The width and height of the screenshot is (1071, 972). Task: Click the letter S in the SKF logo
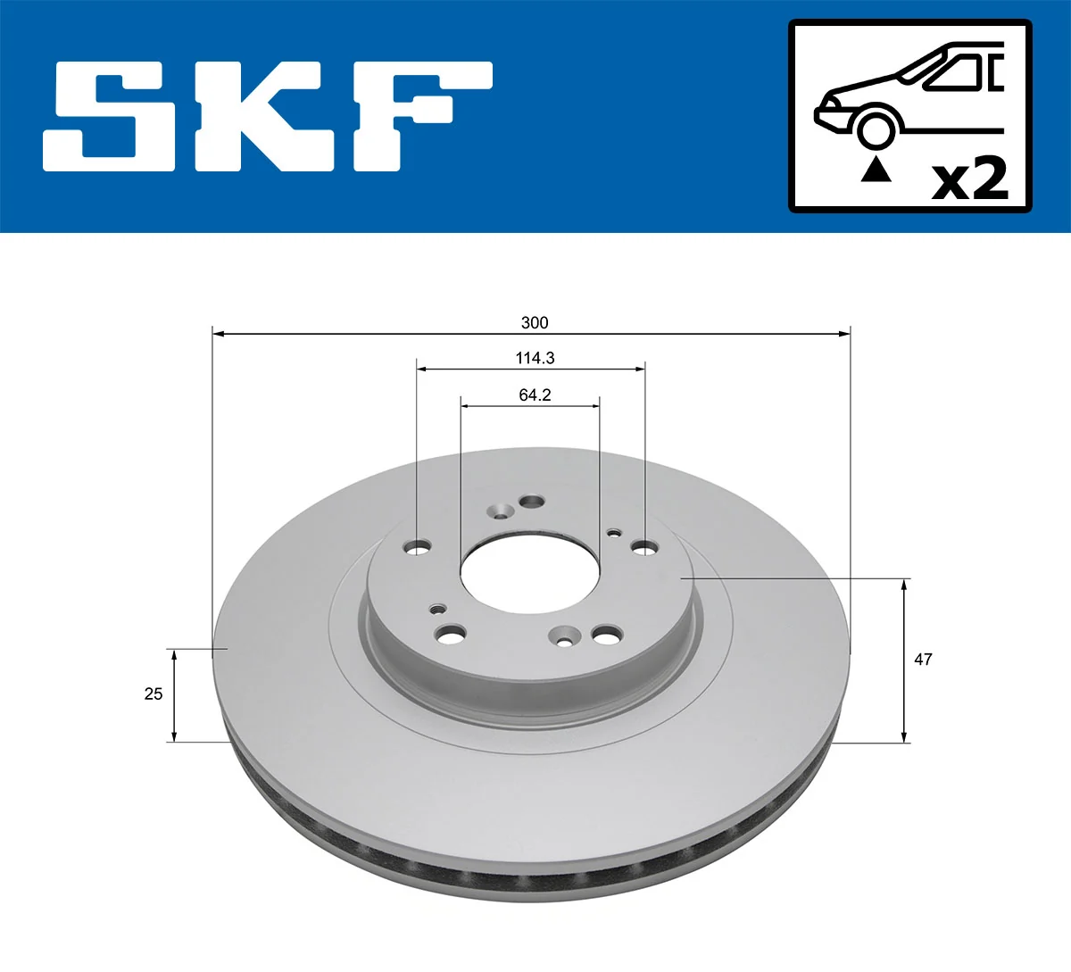point(110,116)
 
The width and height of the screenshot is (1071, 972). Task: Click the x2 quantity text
point(969,179)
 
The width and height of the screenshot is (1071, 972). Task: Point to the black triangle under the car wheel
point(876,169)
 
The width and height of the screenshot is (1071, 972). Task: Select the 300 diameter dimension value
point(535,322)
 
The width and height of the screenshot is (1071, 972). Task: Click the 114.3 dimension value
point(535,358)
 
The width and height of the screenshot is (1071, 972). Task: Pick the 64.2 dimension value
point(535,395)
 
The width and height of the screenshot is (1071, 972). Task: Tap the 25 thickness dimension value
point(154,694)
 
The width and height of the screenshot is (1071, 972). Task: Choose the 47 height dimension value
point(923,659)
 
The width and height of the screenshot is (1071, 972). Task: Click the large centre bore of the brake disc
point(530,575)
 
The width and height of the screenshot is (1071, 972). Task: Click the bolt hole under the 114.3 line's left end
point(417,546)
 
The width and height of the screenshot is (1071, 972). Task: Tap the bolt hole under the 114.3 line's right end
point(644,546)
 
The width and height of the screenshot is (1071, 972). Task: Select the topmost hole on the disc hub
point(532,501)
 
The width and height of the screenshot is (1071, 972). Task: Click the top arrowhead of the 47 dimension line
point(905,585)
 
